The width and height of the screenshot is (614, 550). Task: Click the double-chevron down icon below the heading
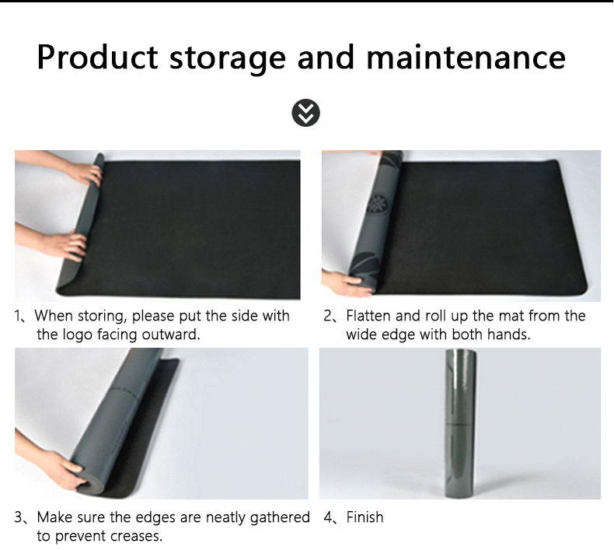[305, 113]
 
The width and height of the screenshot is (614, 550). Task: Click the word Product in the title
[97, 58]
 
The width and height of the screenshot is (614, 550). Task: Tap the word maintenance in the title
[466, 58]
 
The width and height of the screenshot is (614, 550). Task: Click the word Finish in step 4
[365, 517]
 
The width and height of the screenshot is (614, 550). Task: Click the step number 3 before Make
[19, 517]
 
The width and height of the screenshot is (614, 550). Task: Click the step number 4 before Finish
[328, 517]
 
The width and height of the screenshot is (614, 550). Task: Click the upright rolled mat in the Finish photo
[460, 423]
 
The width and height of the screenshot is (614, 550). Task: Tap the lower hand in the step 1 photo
[66, 246]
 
